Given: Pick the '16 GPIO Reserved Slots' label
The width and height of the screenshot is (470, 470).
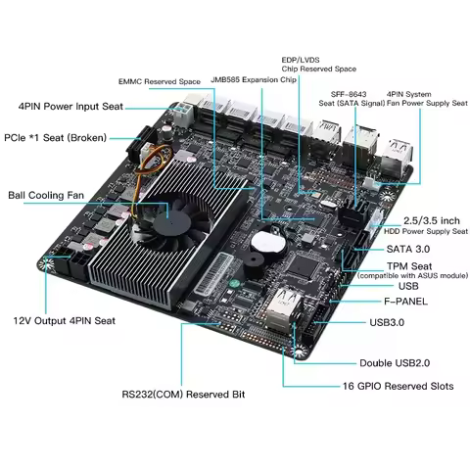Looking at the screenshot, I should tap(398, 386).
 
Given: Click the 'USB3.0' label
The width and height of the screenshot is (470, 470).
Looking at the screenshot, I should tap(389, 322).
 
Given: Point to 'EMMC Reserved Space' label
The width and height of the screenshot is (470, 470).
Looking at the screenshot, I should tap(160, 81).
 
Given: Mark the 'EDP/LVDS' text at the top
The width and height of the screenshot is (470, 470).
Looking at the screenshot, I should tap(301, 58).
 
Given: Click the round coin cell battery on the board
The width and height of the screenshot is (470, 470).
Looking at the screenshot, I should tap(266, 241).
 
